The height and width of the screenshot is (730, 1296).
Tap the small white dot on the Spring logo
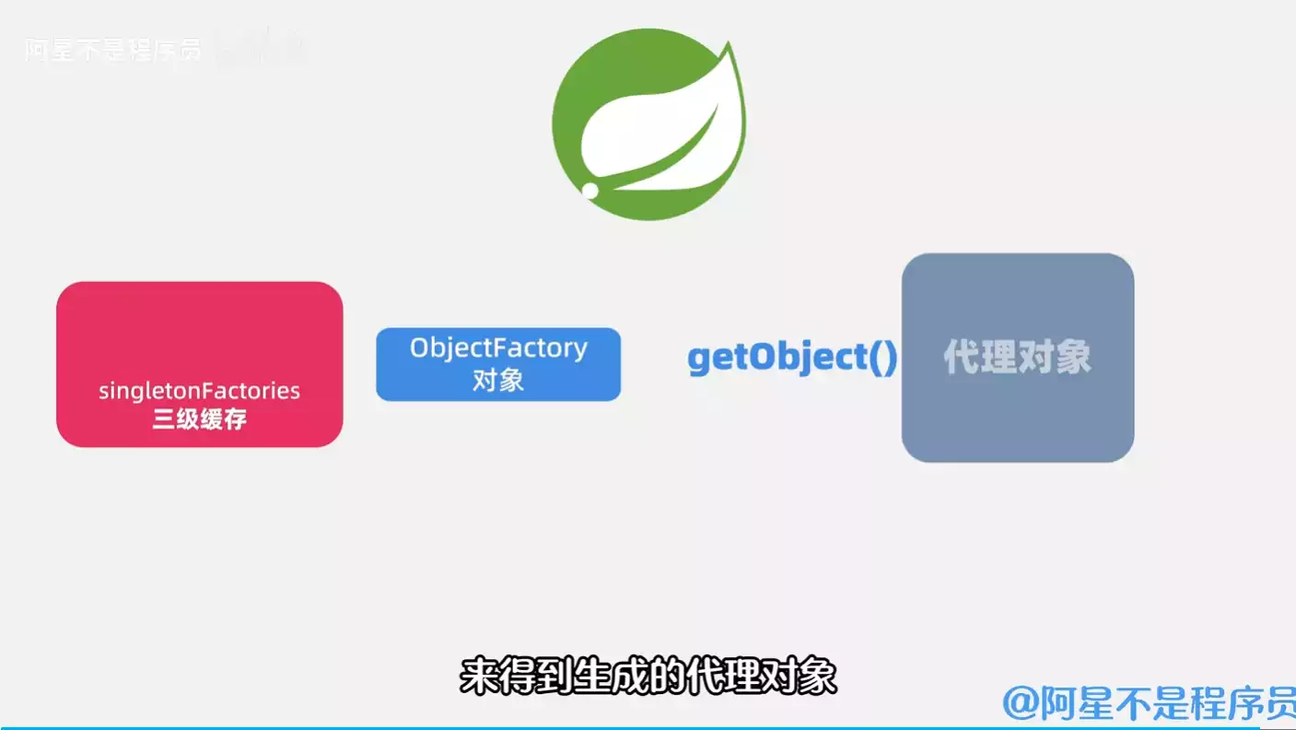(590, 190)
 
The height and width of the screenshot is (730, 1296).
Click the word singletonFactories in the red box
(199, 391)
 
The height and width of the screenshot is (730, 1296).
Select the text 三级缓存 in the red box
(199, 420)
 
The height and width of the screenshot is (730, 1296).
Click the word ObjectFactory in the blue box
(498, 348)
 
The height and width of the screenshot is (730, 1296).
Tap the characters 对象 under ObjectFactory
(498, 380)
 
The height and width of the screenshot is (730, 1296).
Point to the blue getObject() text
(792, 358)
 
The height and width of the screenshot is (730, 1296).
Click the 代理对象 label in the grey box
(1017, 358)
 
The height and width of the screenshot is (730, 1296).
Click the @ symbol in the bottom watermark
(1021, 703)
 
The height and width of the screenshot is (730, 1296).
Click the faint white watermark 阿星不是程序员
(112, 50)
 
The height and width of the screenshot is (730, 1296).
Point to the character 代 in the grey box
(962, 358)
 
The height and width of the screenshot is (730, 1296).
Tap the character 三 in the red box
(164, 420)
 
